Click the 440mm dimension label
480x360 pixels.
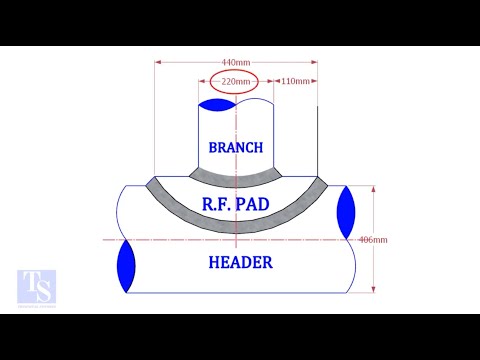tap(236, 62)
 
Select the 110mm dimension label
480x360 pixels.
tap(295, 80)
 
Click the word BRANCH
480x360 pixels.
tap(236, 148)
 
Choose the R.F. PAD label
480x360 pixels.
tap(236, 204)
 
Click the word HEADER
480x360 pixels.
tap(240, 263)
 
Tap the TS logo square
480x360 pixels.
tap(37, 288)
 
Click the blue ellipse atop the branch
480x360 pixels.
tap(217, 104)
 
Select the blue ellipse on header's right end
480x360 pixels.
tap(347, 212)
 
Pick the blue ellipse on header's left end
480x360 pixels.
tap(126, 266)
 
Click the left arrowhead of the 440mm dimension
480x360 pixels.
tap(158, 62)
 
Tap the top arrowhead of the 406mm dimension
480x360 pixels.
tap(372, 188)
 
